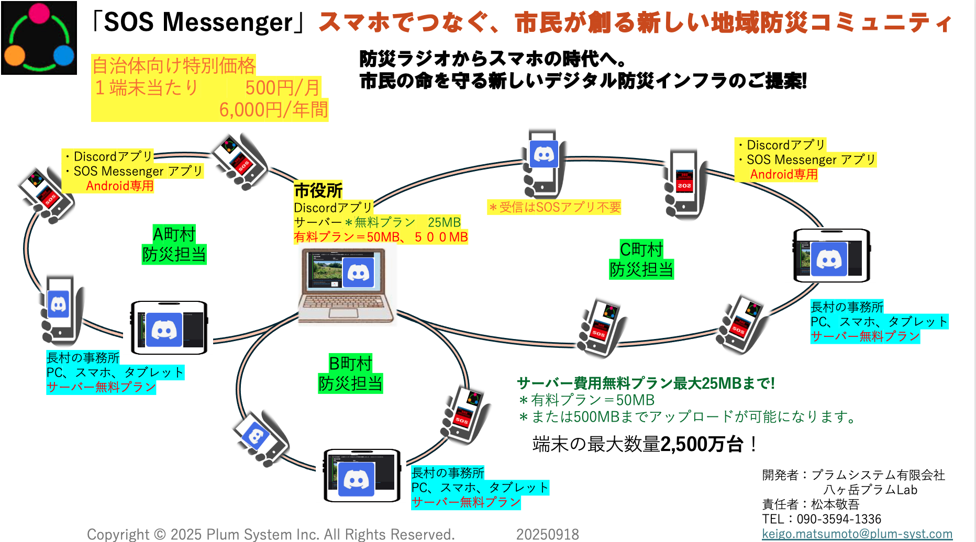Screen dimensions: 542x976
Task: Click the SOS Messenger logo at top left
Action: pos(39,38)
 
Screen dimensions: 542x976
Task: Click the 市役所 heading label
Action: pos(318,190)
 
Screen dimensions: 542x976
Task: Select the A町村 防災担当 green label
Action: pos(174,244)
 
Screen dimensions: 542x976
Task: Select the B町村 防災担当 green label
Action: pos(350,374)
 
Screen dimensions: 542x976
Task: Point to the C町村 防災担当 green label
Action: pos(641,259)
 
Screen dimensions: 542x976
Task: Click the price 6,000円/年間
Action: pos(273,110)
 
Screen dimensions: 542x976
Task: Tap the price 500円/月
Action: pos(283,87)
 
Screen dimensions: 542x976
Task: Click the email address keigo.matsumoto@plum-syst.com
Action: pos(857,534)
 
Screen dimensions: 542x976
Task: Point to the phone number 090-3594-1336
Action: pos(839,519)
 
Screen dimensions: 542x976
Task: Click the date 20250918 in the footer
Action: pos(547,534)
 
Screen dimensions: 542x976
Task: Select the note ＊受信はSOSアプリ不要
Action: pos(554,207)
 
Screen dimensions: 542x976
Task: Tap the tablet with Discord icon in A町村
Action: pos(169,328)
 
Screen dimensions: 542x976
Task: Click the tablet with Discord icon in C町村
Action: pos(831,256)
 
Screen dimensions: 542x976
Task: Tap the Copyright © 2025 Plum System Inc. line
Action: pos(271,534)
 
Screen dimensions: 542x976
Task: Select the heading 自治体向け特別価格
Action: pos(174,66)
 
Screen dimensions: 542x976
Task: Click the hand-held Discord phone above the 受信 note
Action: pos(544,163)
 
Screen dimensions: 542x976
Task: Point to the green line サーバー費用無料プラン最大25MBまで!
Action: pos(646,383)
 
